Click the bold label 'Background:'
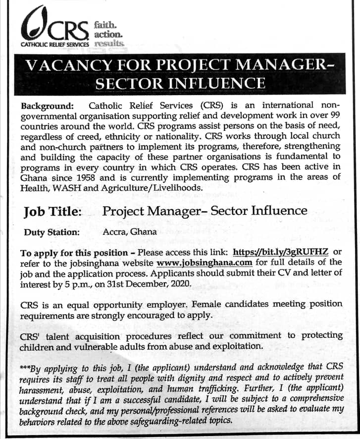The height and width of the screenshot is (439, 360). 48,106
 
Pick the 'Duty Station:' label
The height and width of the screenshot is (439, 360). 51,232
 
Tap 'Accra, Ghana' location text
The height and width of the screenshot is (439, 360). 129,231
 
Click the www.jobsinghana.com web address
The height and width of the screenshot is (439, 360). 205,263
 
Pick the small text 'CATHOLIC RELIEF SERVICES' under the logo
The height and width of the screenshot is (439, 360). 54,45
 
